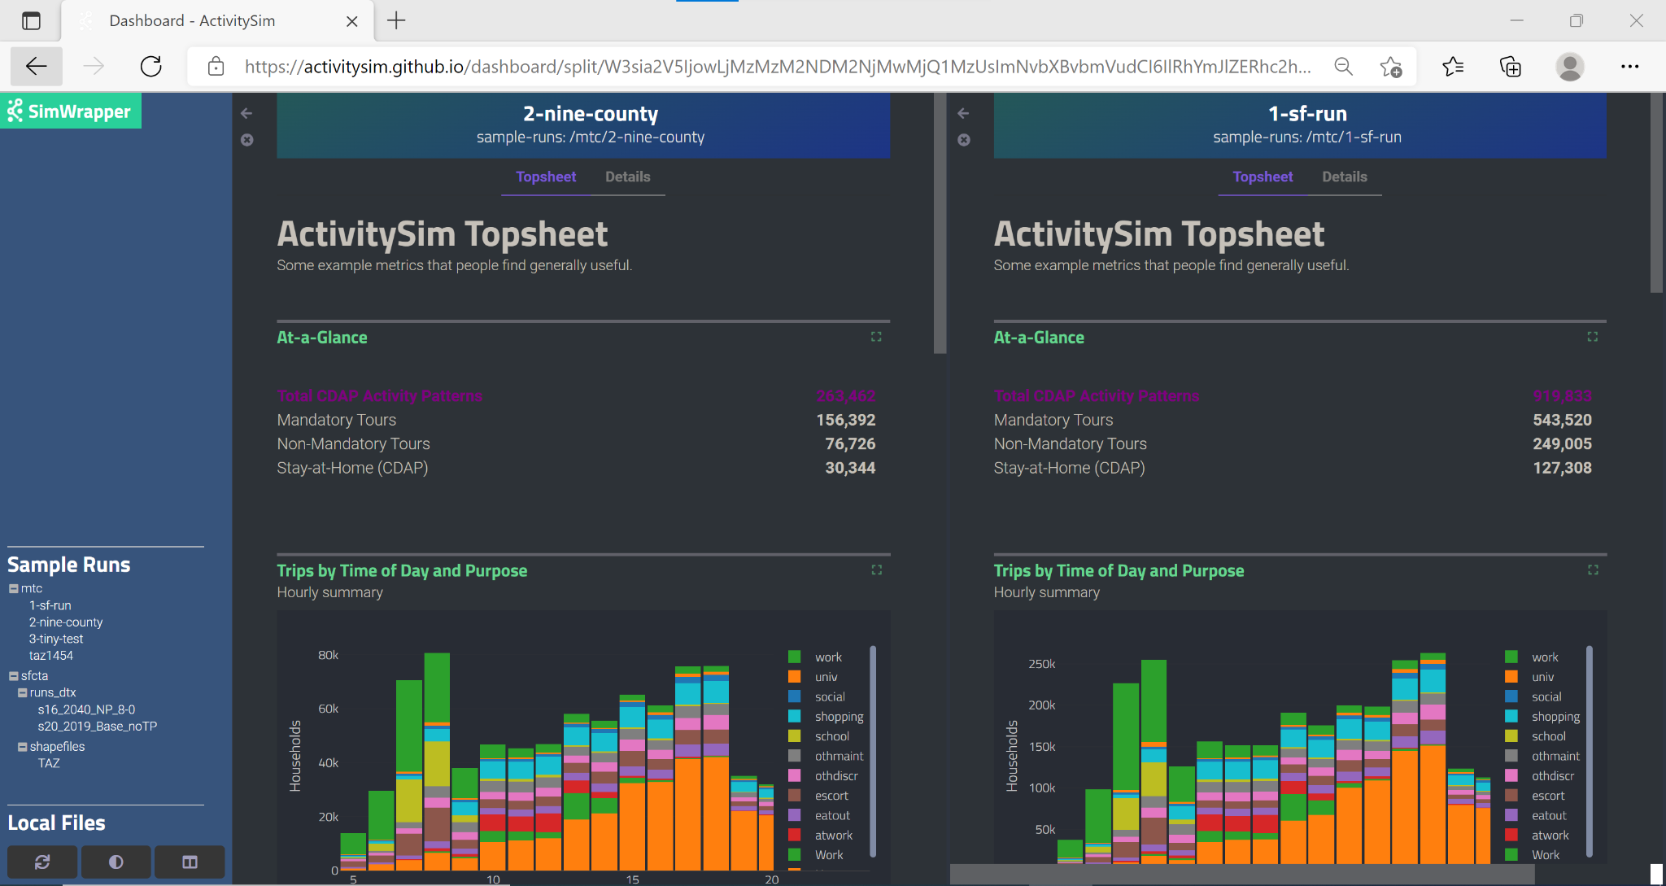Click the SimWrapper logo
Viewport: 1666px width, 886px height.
pos(70,111)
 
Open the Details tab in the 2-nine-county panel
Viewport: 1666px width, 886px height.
pos(627,177)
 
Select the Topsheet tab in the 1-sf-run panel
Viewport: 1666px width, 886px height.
pos(1262,177)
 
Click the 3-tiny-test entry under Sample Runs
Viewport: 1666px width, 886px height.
pos(56,639)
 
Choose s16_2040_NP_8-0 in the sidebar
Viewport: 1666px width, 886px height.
pos(86,709)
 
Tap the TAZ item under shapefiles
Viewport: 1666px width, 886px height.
pos(49,763)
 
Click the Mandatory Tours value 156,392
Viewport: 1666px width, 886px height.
pos(845,420)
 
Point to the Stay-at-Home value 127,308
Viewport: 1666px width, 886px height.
pos(1562,468)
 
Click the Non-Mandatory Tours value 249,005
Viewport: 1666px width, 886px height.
pos(1562,444)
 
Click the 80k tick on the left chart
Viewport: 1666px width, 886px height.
pos(328,655)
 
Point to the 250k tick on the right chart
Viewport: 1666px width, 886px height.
pos(1041,664)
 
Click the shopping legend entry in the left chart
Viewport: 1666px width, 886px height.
pos(839,717)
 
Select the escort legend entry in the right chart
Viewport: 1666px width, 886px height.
pos(1547,796)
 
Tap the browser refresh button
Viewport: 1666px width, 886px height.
pos(151,67)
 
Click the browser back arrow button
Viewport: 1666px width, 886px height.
pos(37,67)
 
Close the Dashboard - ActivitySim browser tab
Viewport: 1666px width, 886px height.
pos(352,21)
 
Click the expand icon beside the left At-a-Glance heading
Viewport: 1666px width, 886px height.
pos(876,337)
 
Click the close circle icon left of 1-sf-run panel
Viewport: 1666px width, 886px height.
pos(964,140)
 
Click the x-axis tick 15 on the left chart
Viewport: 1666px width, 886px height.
pos(632,879)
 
